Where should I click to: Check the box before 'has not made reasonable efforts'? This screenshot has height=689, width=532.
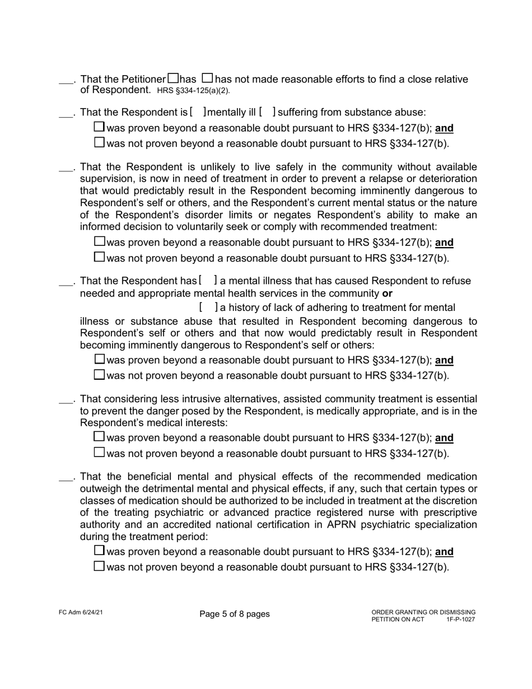[x=207, y=79]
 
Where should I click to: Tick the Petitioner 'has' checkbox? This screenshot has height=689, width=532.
[x=174, y=79]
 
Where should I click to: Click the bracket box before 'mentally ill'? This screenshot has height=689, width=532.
[x=198, y=112]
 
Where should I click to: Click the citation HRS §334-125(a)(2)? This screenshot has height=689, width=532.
[x=193, y=91]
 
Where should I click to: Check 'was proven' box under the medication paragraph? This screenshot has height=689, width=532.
[x=99, y=551]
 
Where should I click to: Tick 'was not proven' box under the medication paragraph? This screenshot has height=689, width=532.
[x=99, y=566]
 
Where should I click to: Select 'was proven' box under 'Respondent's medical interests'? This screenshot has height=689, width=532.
[x=99, y=436]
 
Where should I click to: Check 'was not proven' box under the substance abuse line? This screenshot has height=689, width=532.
[x=99, y=143]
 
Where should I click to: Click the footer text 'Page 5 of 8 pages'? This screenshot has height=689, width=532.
[x=234, y=614]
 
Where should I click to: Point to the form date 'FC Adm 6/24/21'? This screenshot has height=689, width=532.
[x=80, y=612]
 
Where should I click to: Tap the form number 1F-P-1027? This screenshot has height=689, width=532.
[x=460, y=620]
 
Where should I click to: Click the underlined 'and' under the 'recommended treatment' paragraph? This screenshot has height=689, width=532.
[x=444, y=243]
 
